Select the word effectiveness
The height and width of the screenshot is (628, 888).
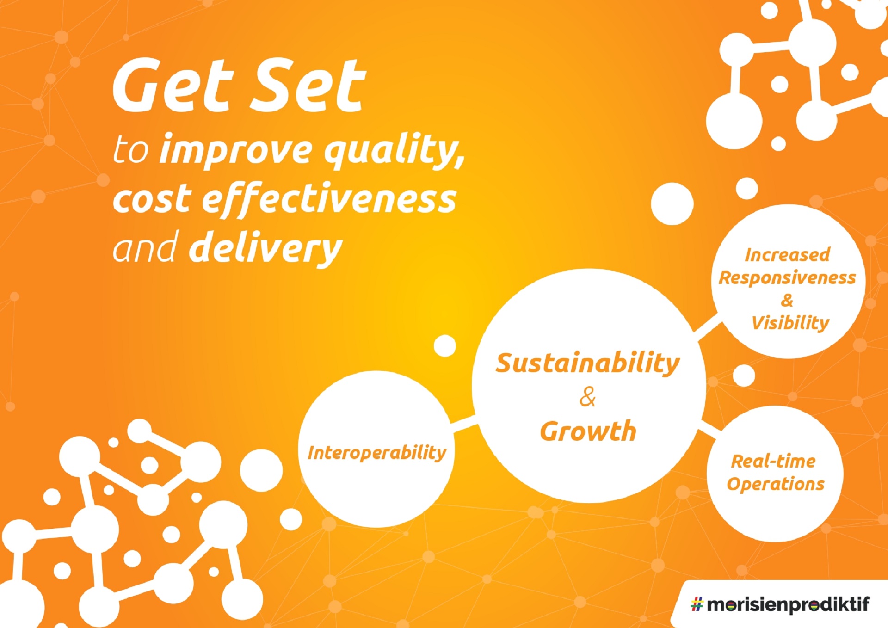(329, 199)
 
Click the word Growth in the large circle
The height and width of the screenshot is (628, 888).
(588, 431)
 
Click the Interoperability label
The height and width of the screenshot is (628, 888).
(377, 453)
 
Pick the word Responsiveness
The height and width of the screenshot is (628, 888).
(787, 278)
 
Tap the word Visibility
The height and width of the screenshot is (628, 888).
(790, 323)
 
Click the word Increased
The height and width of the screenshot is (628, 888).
(787, 255)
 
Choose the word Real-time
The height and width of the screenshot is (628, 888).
(773, 461)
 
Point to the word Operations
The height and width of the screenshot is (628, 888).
(776, 484)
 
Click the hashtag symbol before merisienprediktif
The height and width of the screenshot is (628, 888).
(697, 604)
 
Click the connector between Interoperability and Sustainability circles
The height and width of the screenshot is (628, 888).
(463, 424)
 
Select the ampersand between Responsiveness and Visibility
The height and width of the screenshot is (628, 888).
(787, 301)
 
